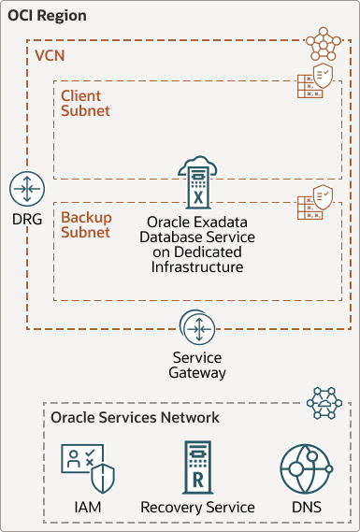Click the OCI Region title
coord(47,16)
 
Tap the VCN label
coord(50,56)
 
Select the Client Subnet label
coord(85,104)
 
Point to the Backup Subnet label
coord(86,224)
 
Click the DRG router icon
coord(27,189)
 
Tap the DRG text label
coord(27,220)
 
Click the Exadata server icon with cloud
coord(197,182)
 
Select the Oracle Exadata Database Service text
coord(197,244)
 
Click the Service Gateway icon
coord(197,328)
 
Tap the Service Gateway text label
coord(197,365)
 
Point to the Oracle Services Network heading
coord(135,417)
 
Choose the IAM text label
coord(88,508)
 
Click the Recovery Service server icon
coord(198,467)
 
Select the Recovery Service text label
coord(198,508)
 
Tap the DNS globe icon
coord(307,469)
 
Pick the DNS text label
coord(307,508)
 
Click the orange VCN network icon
coord(324,44)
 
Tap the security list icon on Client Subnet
coord(315,80)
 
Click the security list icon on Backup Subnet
coord(315,202)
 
